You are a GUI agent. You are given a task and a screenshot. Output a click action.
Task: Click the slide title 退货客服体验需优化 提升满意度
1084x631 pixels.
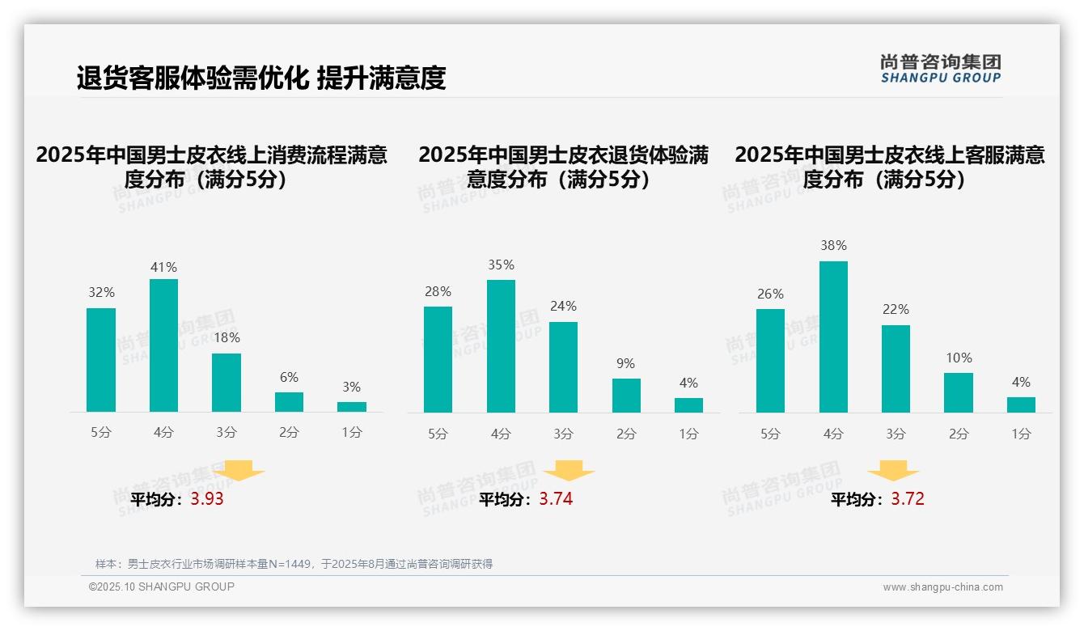[x=261, y=78]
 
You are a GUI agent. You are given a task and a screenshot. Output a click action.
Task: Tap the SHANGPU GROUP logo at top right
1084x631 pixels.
[x=940, y=69]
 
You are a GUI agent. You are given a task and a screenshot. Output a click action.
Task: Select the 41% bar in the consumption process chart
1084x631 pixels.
[x=163, y=345]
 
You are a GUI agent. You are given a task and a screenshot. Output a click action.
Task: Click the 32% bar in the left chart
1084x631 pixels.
[x=101, y=360]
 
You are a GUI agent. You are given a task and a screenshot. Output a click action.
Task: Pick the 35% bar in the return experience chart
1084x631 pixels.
[x=501, y=346]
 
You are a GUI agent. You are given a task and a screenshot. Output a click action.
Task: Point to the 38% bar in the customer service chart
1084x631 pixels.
[x=833, y=337]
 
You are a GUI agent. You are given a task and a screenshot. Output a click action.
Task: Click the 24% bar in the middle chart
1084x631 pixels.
[x=563, y=367]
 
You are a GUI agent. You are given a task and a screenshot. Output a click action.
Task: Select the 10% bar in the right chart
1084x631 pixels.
[x=959, y=392]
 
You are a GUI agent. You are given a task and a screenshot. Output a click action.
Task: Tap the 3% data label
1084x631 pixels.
[x=351, y=387]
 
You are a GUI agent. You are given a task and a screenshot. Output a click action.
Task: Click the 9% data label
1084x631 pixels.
[x=625, y=363]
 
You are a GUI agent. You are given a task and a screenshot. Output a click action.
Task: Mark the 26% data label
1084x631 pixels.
[x=770, y=294]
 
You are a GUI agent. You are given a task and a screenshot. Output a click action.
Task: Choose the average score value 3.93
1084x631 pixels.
[x=207, y=499]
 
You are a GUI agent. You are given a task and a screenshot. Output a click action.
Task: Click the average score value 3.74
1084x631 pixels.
[x=556, y=499]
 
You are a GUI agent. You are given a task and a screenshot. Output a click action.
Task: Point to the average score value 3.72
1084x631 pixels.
[x=908, y=499]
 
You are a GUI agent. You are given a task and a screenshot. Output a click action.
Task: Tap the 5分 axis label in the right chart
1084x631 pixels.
[x=770, y=434]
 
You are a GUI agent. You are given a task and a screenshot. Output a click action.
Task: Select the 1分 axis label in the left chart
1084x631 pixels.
[x=351, y=432]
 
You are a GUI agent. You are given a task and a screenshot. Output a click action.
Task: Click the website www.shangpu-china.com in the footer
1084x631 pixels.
[x=942, y=587]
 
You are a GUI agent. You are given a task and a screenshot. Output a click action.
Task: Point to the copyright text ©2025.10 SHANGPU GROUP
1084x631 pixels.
[x=162, y=587]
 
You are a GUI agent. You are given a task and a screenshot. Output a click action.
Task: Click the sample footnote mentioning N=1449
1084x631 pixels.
[x=294, y=564]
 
